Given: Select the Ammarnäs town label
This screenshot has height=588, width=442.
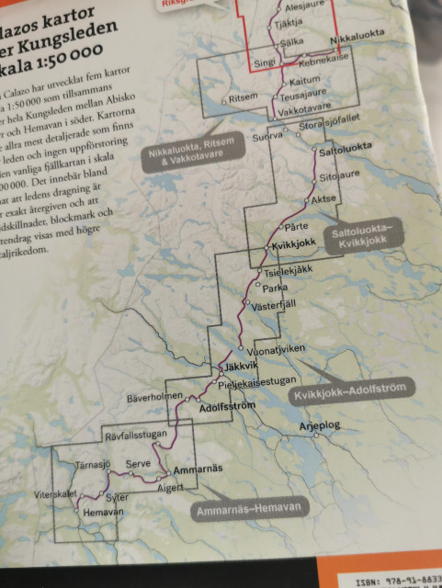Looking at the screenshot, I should (198, 469).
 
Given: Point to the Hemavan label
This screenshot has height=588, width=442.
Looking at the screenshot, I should (103, 507).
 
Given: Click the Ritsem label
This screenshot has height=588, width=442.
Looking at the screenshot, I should (242, 96).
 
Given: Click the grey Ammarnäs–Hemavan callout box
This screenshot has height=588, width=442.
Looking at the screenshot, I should (247, 507).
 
